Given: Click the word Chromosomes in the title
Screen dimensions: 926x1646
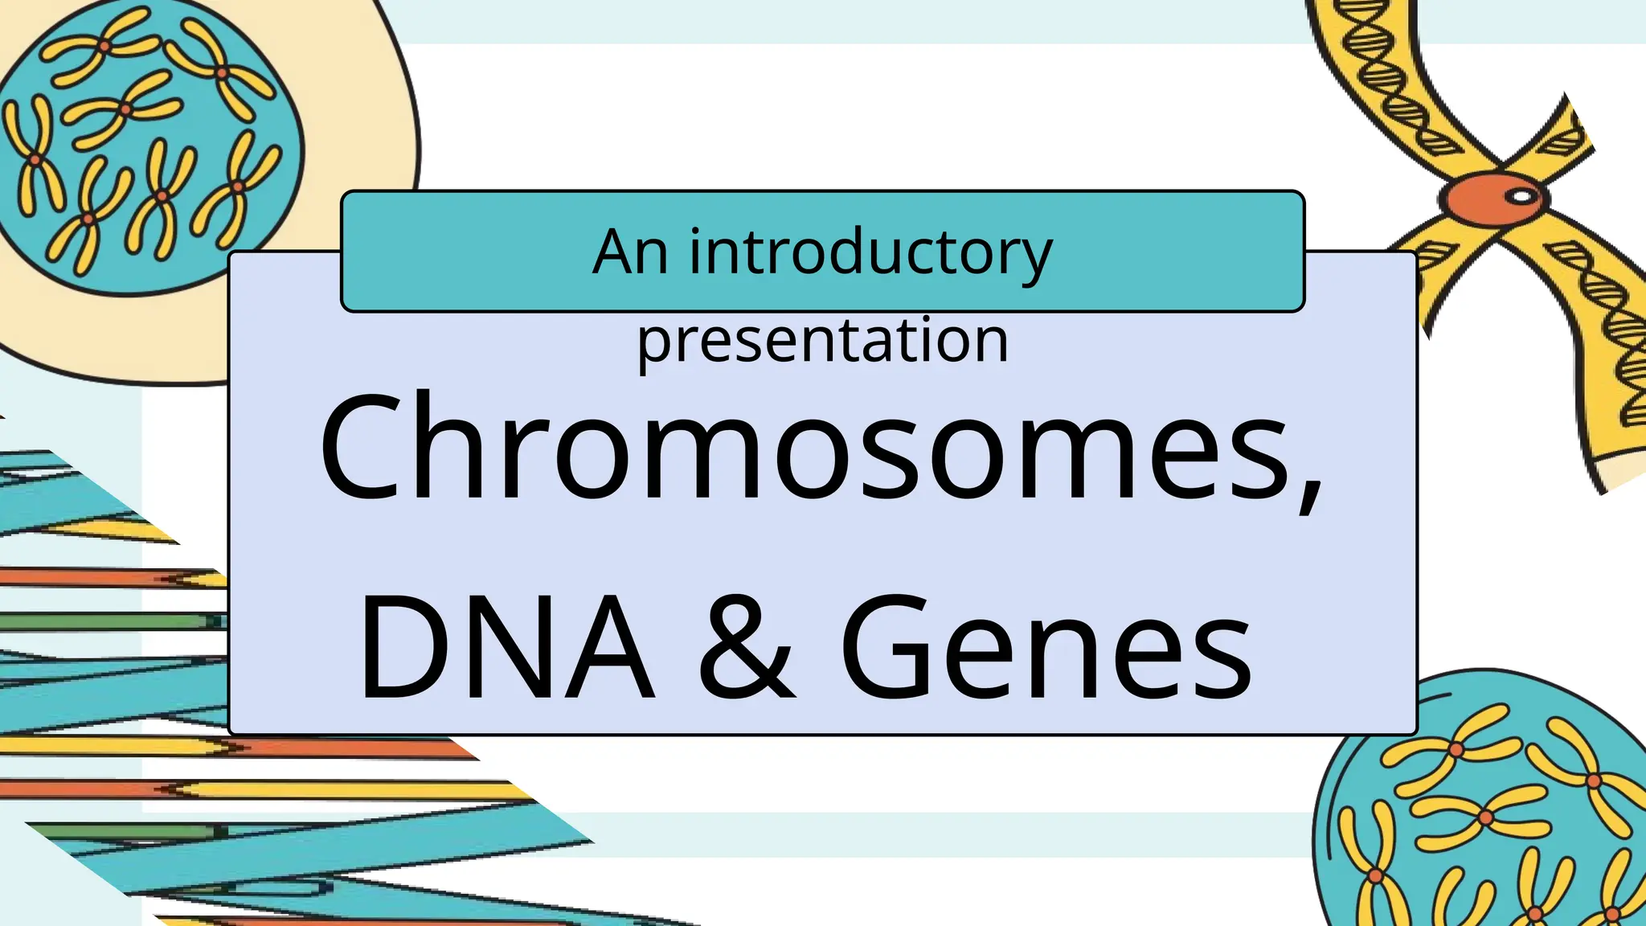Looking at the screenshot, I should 812,449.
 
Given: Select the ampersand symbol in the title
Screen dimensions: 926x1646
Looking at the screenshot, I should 746,648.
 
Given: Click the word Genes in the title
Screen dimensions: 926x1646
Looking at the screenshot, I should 1045,648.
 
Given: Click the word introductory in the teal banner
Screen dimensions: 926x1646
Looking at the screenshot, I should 870,252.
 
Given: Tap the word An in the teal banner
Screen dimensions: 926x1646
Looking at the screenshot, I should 630,252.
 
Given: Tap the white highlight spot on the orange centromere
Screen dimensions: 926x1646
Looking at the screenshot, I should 1521,195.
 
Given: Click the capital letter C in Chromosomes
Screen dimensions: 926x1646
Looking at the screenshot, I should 361,447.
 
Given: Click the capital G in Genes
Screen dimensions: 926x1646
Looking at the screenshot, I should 886,648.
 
